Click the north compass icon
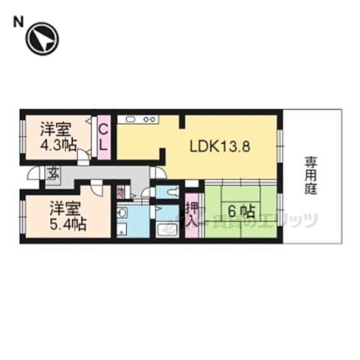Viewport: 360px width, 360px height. point(42,40)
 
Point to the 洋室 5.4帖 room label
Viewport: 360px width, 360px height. point(67,215)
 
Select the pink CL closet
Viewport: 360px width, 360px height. point(103,137)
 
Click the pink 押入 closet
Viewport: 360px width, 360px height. point(191,214)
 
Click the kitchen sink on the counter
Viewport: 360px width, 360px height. point(128,118)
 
